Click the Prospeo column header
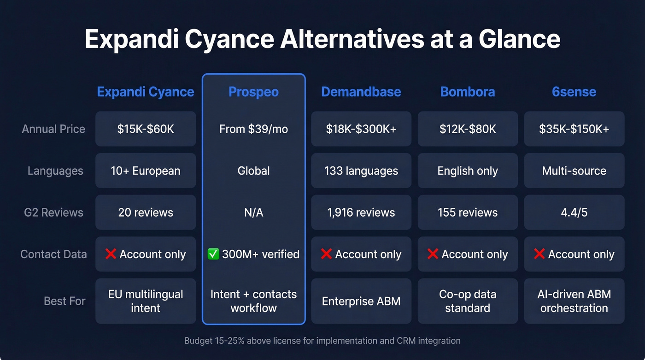tap(253, 92)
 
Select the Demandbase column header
tap(361, 92)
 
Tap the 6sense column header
tap(574, 92)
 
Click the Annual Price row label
tap(53, 129)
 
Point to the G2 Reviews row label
tap(53, 212)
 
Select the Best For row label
tap(64, 301)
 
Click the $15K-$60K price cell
tap(146, 129)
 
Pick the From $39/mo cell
tap(253, 129)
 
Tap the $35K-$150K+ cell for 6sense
tap(574, 129)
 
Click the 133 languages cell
tap(361, 171)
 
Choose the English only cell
tap(468, 171)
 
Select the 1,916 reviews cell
tap(361, 212)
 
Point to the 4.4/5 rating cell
tap(574, 212)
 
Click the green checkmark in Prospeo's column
tap(213, 254)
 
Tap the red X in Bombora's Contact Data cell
tap(433, 254)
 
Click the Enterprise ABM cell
tap(361, 301)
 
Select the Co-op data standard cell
tap(468, 301)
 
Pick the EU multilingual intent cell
tap(146, 301)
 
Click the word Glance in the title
tap(519, 40)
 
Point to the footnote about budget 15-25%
tap(322, 341)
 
